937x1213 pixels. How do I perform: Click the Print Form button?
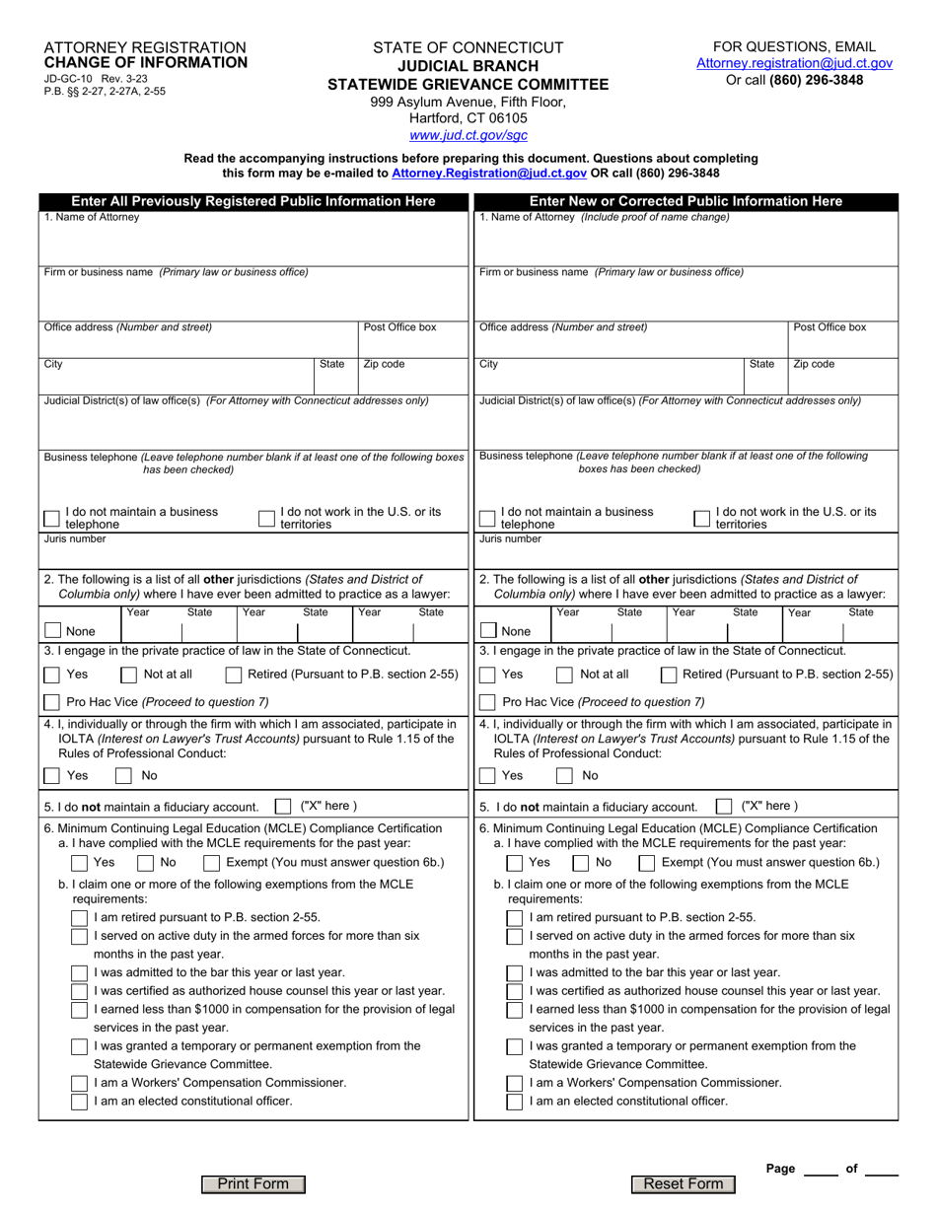(x=253, y=1184)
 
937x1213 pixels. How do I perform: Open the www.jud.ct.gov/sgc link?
(x=468, y=135)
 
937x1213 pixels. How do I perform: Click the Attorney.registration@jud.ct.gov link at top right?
(x=794, y=63)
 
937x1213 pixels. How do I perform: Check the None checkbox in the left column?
(x=52, y=631)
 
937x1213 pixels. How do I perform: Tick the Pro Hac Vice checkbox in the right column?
(x=486, y=702)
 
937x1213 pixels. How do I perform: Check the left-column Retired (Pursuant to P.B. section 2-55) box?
(x=234, y=675)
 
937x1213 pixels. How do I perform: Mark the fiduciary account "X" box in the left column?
(x=282, y=805)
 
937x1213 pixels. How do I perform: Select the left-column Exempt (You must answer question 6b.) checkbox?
(x=211, y=862)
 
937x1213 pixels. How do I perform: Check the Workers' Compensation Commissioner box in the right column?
(x=514, y=1083)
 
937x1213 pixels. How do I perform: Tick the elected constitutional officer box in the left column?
(x=79, y=1102)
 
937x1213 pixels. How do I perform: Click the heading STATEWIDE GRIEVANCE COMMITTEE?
(x=468, y=84)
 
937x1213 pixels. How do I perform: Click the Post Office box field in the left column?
(x=412, y=343)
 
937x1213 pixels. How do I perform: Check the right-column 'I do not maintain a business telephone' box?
(x=486, y=519)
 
